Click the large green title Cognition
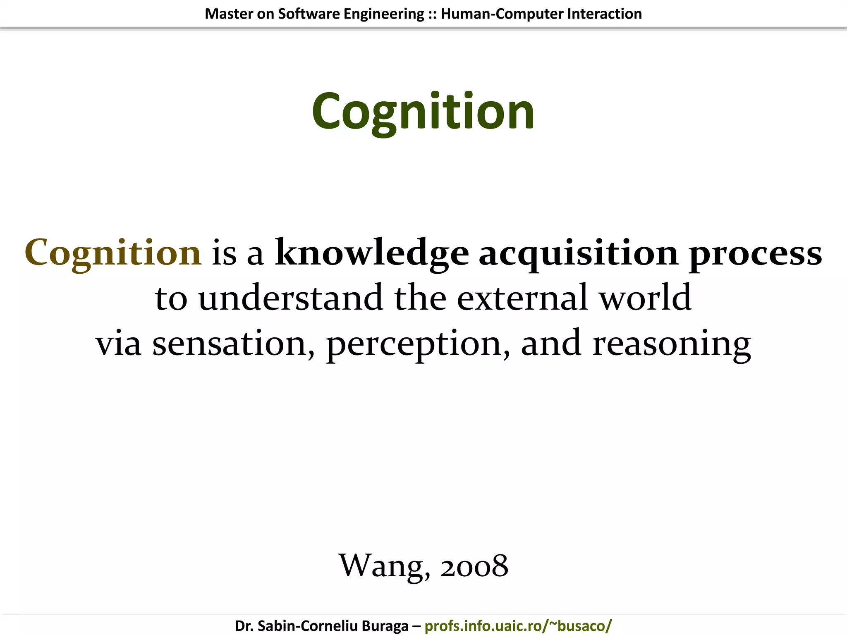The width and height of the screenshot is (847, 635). pos(423,112)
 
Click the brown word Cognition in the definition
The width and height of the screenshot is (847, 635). pos(113,253)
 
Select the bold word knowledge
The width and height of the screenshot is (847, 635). pos(372,253)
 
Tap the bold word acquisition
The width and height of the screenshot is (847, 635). pos(578,253)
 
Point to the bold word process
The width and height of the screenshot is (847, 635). pos(755,253)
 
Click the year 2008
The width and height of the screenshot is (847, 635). pos(474,566)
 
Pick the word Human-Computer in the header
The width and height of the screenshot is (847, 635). pos(502,14)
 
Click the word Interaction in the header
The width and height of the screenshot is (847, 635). pos(604,14)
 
